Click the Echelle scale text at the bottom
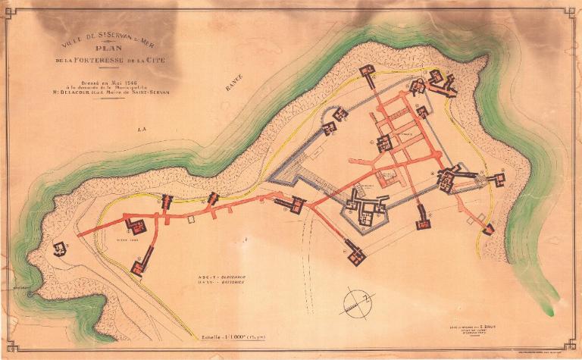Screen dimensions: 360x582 click(212, 336)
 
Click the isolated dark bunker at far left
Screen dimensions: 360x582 click(59, 249)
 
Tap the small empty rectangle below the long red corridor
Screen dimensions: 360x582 click(192, 219)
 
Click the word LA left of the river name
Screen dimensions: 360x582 click(141, 130)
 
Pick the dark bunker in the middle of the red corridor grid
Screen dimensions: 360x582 click(384, 142)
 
